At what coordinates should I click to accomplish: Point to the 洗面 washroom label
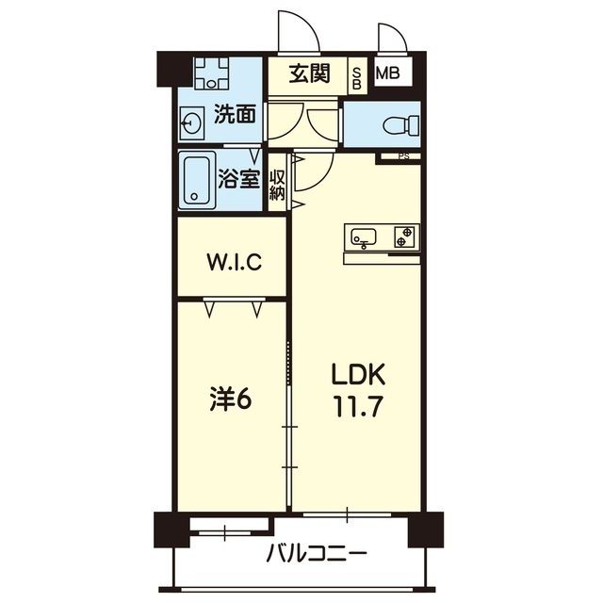235,116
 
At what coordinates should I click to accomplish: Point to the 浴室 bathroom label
240,178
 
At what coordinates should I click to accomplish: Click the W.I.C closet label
233,261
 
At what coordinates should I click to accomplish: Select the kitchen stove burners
405,236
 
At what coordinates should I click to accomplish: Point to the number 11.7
358,409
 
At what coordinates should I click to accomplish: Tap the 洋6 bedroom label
230,399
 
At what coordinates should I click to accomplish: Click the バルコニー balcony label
316,553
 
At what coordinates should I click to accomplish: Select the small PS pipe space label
403,157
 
